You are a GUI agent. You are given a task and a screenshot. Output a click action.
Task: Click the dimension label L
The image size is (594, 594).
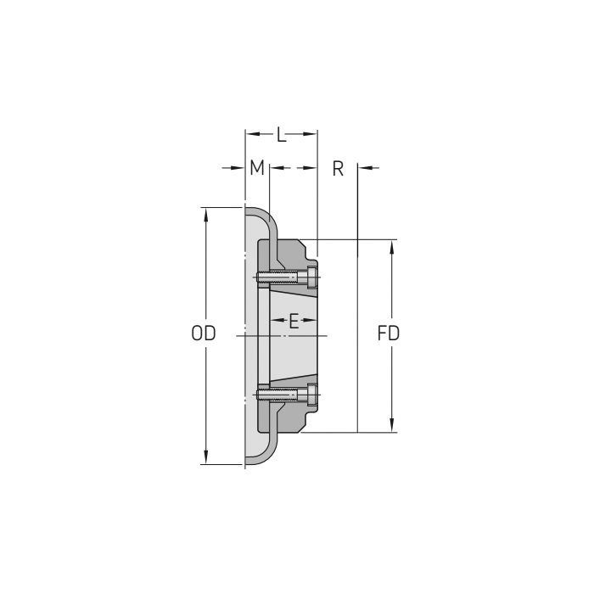click(x=281, y=134)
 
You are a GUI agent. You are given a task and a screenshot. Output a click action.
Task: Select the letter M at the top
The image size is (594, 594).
click(x=257, y=168)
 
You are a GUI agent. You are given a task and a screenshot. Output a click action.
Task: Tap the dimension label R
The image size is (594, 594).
click(x=338, y=168)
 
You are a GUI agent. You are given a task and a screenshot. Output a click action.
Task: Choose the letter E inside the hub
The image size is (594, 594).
click(x=294, y=321)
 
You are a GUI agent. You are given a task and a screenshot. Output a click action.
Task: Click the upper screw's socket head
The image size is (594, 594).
click(x=312, y=277)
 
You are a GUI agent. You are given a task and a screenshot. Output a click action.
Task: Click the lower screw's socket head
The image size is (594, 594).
click(x=312, y=395)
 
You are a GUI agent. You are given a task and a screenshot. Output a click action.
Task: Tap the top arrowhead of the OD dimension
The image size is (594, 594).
click(x=205, y=213)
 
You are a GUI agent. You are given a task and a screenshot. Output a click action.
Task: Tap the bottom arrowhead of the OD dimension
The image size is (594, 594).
click(x=205, y=458)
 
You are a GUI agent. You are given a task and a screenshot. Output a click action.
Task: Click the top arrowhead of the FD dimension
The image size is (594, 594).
click(x=391, y=246)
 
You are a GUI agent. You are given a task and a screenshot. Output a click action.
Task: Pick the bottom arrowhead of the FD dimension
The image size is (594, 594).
click(x=391, y=426)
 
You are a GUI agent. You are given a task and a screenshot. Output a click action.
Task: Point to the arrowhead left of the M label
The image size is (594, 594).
click(x=239, y=168)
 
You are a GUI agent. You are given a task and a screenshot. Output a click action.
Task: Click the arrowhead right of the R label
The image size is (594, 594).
click(x=365, y=168)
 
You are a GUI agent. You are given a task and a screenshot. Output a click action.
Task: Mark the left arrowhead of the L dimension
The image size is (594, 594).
click(x=251, y=134)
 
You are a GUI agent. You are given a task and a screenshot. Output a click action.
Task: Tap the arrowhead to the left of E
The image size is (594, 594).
click(x=275, y=321)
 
